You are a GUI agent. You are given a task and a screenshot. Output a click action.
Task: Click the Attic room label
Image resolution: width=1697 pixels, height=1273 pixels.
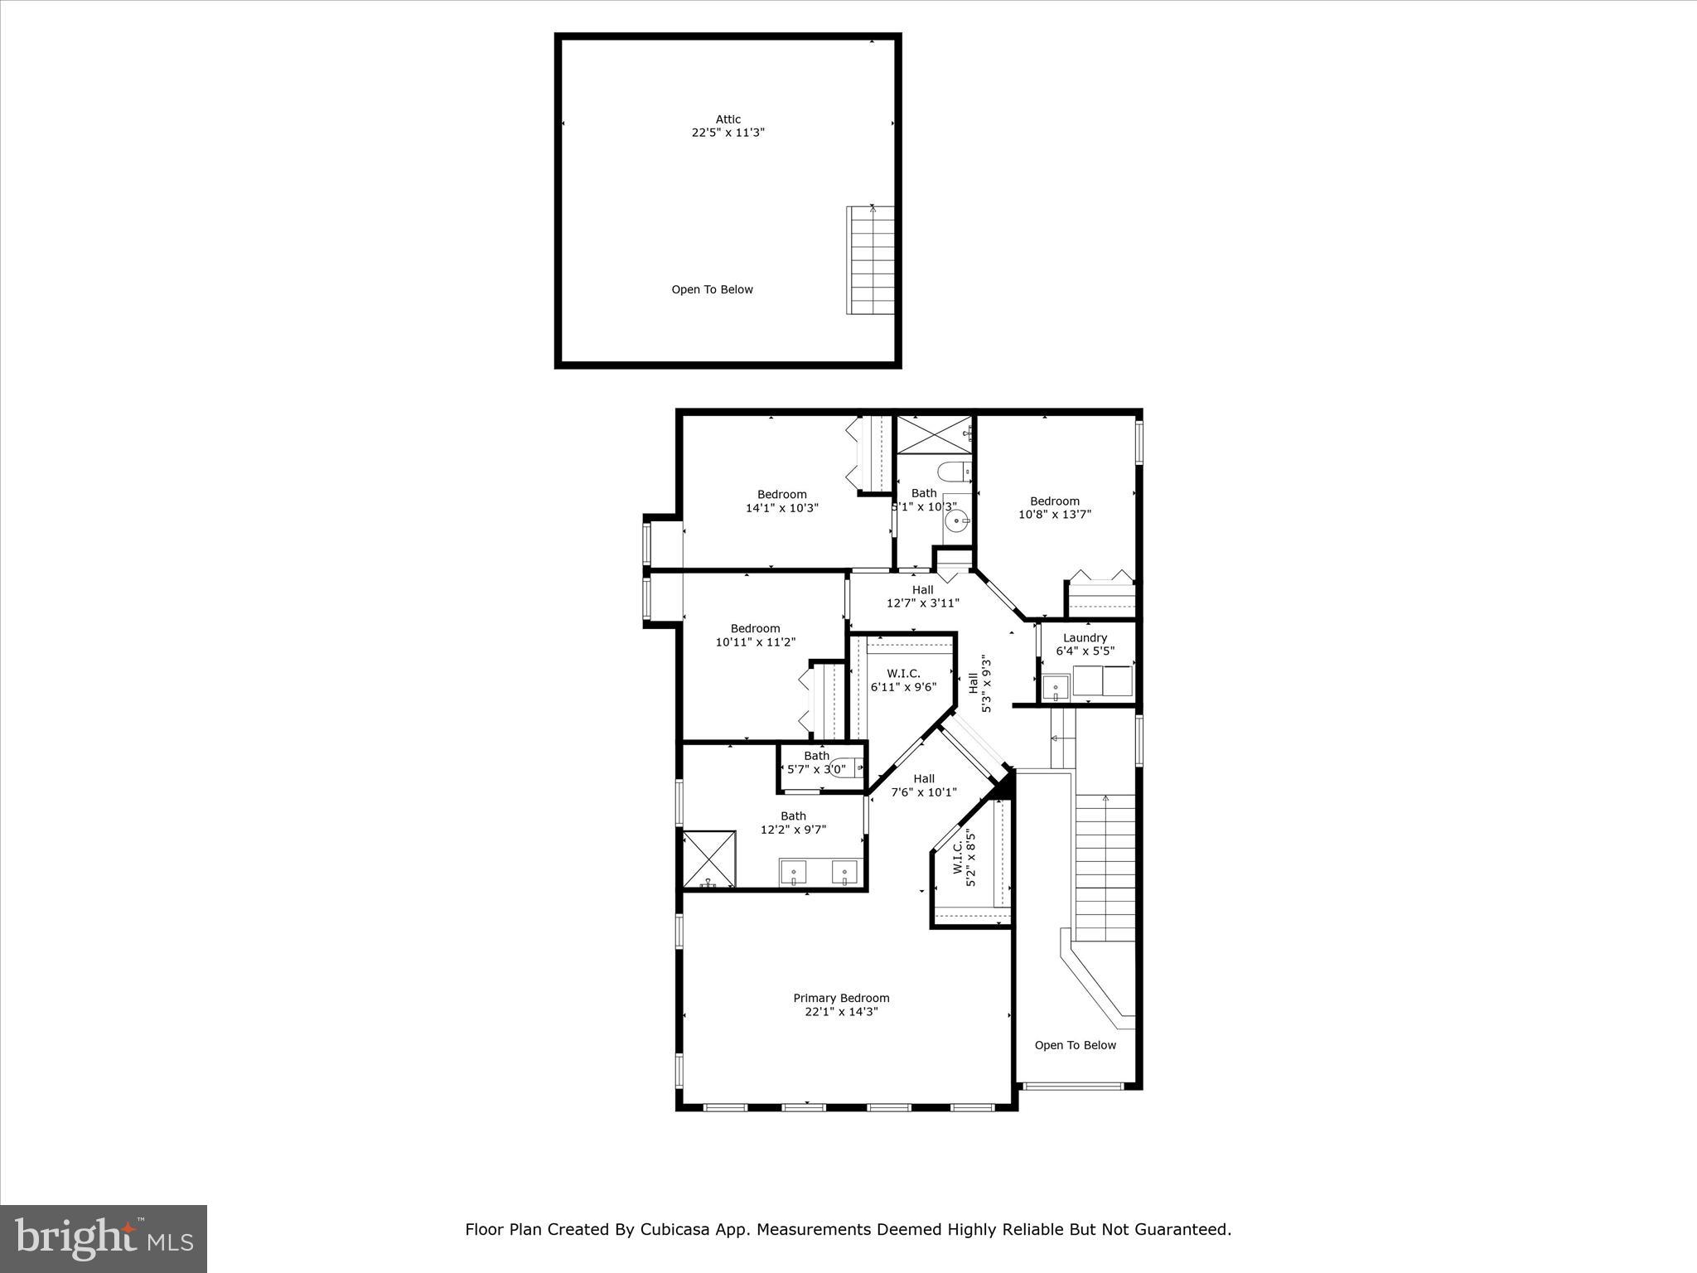click(728, 119)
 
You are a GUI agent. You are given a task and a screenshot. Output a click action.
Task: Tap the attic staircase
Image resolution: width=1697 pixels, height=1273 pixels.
click(870, 260)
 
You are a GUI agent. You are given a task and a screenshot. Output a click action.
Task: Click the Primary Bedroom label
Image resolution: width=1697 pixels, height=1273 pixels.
click(841, 998)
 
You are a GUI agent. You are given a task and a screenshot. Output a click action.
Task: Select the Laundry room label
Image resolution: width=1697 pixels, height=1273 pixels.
click(1085, 637)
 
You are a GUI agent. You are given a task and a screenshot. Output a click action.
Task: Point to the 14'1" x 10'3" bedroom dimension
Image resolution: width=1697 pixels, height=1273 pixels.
click(781, 508)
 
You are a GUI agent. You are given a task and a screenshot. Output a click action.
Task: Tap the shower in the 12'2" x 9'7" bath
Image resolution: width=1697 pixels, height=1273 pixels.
click(709, 859)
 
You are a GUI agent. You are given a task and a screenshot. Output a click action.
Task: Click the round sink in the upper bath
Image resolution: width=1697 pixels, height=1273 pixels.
click(958, 522)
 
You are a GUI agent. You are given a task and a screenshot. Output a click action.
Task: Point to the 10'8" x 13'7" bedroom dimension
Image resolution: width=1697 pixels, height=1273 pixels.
click(1054, 514)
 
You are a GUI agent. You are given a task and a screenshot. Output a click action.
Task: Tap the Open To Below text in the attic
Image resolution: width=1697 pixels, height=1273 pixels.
click(712, 289)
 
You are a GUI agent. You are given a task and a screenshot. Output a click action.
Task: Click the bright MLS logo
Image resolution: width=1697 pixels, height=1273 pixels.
click(104, 1238)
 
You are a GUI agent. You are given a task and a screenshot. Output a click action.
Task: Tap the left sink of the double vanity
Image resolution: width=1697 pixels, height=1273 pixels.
click(793, 873)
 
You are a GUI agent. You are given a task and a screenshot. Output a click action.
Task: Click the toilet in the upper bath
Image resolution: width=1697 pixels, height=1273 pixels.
click(954, 472)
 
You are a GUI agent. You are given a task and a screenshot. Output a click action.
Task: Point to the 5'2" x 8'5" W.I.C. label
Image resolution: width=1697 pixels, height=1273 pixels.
click(965, 860)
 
